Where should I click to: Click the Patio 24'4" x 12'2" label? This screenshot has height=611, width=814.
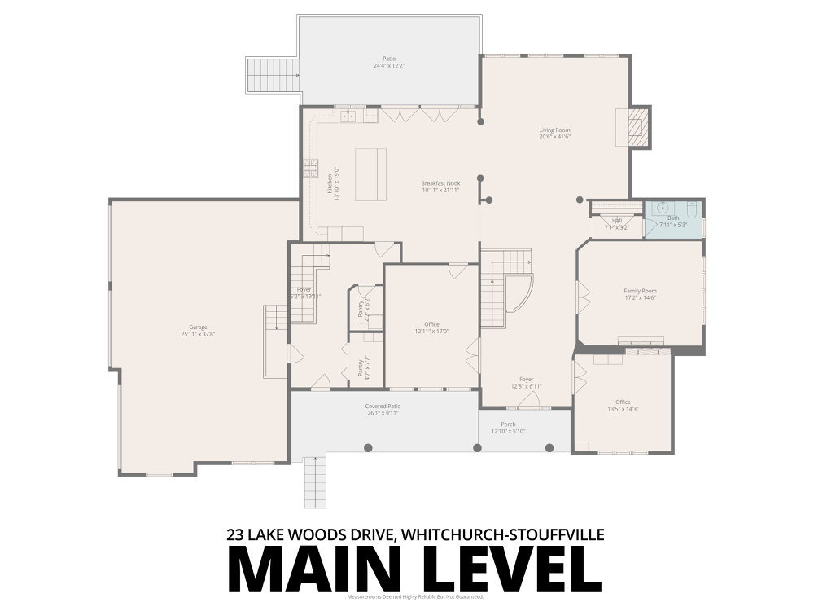click(389, 62)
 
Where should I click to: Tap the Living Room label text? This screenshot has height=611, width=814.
click(554, 133)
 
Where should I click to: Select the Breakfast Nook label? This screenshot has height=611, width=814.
click(440, 187)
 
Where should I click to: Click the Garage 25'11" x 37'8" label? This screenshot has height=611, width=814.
click(199, 330)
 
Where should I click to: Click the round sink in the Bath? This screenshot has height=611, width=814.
click(663, 207)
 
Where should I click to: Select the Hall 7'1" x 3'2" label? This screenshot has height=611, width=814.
click(617, 223)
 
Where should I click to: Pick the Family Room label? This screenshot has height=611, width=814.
click(640, 294)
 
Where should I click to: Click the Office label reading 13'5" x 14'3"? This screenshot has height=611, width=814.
click(623, 405)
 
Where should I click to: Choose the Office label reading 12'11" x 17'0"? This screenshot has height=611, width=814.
click(431, 327)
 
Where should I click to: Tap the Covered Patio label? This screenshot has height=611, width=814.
click(383, 409)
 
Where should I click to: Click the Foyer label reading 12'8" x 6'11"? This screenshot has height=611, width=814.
click(527, 382)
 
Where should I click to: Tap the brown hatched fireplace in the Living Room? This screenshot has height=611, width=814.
click(640, 127)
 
